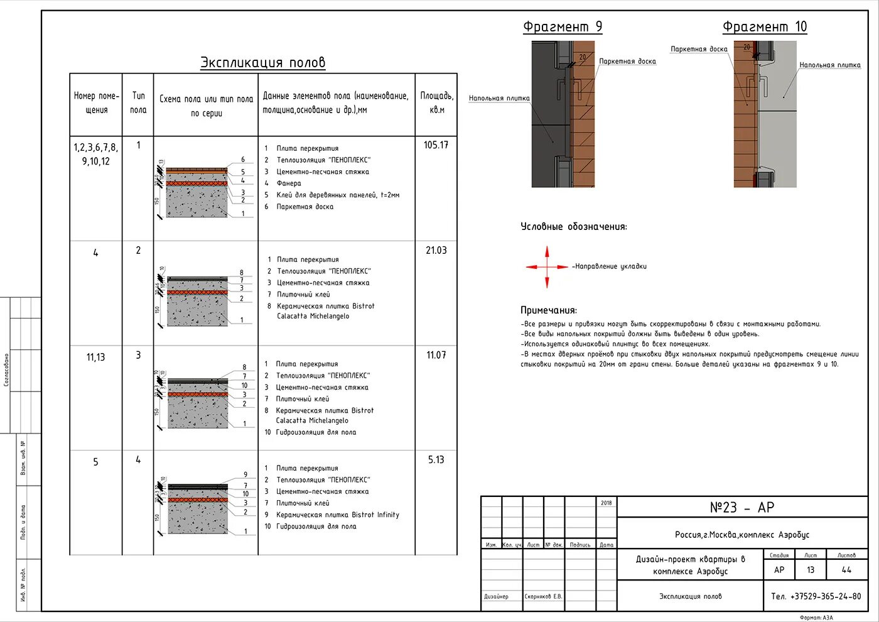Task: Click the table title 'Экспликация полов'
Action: [x=262, y=63]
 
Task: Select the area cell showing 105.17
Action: [x=436, y=145]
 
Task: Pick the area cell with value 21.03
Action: [x=436, y=250]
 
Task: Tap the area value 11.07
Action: [x=436, y=355]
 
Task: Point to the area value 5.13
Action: [x=436, y=460]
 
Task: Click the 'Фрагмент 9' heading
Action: [x=563, y=27]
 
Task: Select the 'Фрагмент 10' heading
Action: [x=764, y=27]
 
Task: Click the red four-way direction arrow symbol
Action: [x=547, y=267]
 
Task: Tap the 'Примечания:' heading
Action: [x=548, y=310]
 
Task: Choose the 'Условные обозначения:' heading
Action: [x=573, y=227]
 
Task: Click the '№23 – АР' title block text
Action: [x=741, y=508]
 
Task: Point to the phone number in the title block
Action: [x=816, y=596]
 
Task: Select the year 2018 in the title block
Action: [x=606, y=503]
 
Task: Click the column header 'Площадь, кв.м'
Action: [x=436, y=103]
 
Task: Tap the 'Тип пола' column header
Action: [x=138, y=103]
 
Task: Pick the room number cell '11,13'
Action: [x=95, y=357]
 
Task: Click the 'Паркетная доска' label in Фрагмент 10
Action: [x=699, y=49]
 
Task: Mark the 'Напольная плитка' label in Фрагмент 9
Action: [x=499, y=99]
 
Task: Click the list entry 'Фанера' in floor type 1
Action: [x=289, y=183]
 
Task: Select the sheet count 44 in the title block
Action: [x=846, y=570]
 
